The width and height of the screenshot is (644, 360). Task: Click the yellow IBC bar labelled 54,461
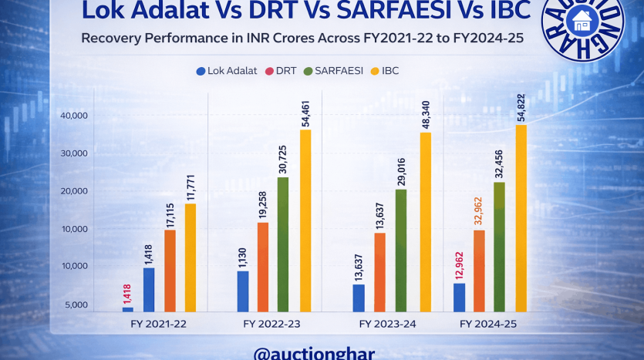point(305,220)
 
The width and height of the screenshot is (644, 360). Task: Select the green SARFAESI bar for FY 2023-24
point(400,250)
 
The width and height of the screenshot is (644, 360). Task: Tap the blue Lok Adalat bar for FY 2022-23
point(243,291)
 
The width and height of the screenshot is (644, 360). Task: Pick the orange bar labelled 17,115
point(170,270)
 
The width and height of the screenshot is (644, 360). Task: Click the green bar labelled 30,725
point(283,244)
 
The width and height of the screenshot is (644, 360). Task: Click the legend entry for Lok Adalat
point(228,71)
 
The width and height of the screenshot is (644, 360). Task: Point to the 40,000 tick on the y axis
point(74,116)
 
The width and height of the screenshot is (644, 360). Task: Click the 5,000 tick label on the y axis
point(76,305)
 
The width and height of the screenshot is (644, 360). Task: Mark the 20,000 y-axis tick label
point(74,191)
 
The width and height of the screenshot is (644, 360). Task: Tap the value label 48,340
point(427,110)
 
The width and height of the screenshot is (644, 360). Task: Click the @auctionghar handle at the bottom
point(314,353)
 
